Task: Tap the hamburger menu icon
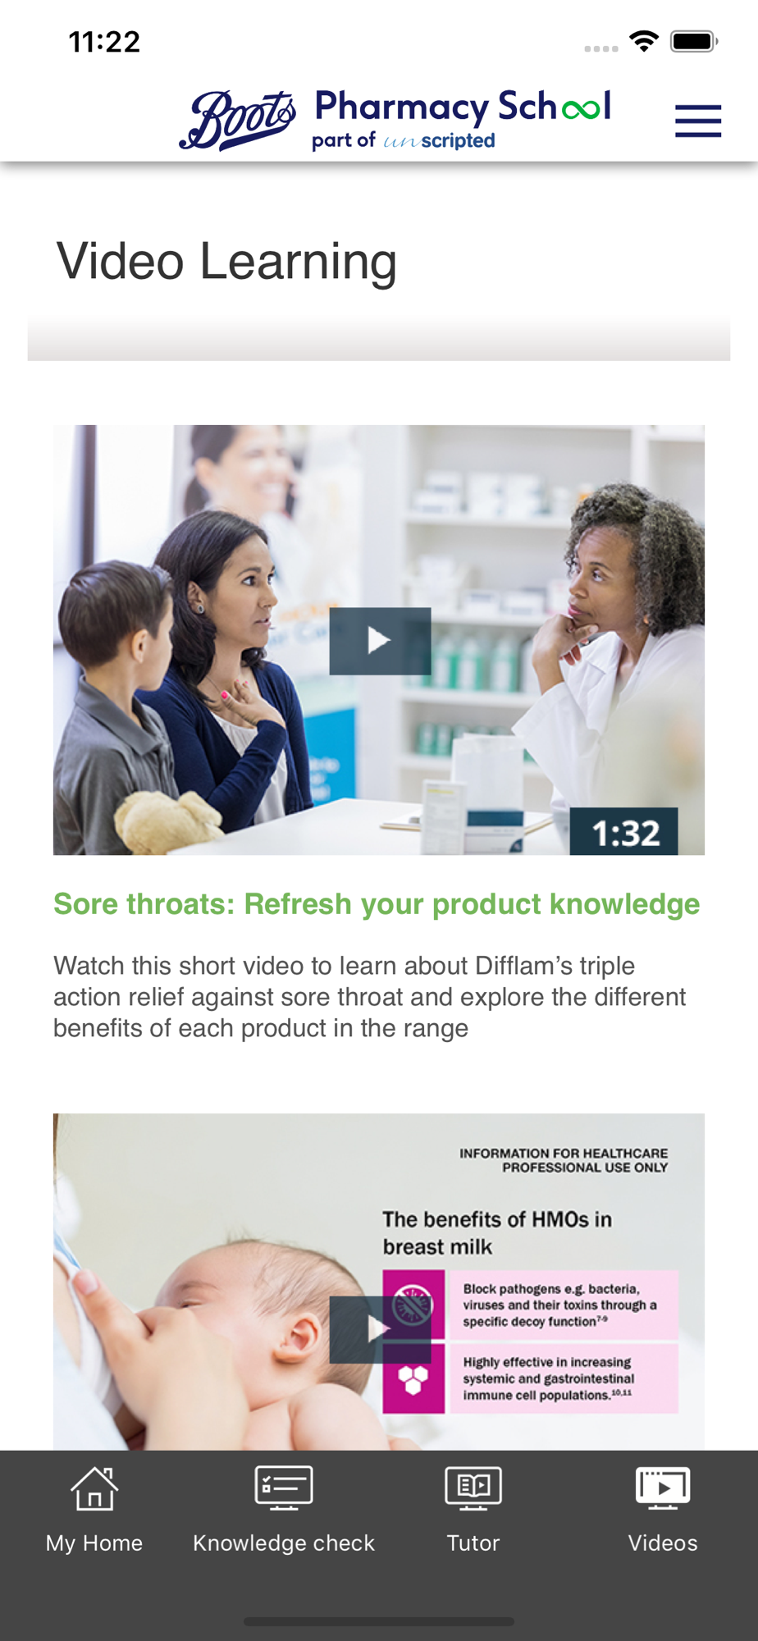pyautogui.click(x=698, y=121)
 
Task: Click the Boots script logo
pyautogui.click(x=238, y=120)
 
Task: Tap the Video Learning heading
pyautogui.click(x=226, y=262)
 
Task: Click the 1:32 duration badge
pyautogui.click(x=624, y=832)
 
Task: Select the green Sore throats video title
pyautogui.click(x=377, y=904)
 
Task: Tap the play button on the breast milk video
pyautogui.click(x=380, y=1329)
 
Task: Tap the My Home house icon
pyautogui.click(x=94, y=1488)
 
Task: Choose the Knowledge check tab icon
pyautogui.click(x=284, y=1488)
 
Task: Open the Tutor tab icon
pyautogui.click(x=473, y=1488)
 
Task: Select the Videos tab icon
pyautogui.click(x=663, y=1488)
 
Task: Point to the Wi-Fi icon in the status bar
pyautogui.click(x=644, y=41)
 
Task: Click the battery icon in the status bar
pyautogui.click(x=694, y=41)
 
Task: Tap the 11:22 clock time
pyautogui.click(x=104, y=42)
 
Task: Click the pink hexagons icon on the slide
pyautogui.click(x=413, y=1378)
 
